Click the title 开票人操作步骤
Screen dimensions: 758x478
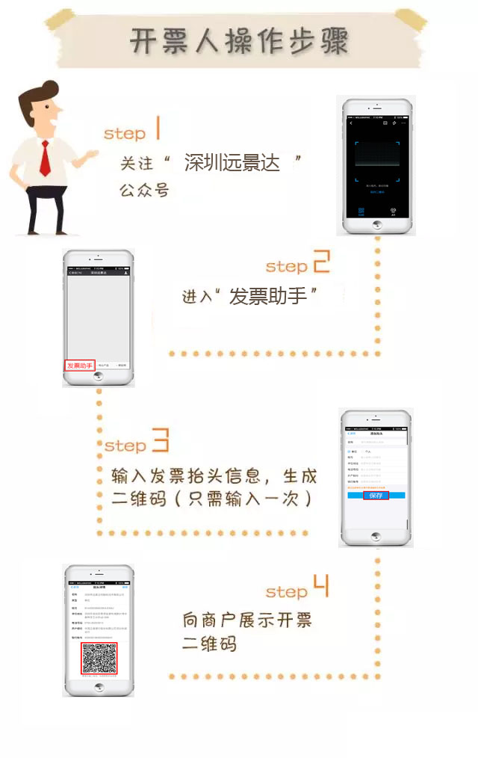[239, 41]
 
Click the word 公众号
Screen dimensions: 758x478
[143, 190]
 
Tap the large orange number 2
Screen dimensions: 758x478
[320, 262]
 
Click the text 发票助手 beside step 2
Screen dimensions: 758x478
[268, 296]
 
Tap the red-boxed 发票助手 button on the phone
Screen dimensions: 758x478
[80, 366]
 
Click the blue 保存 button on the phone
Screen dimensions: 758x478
[376, 495]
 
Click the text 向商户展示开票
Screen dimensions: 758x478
[247, 620]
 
